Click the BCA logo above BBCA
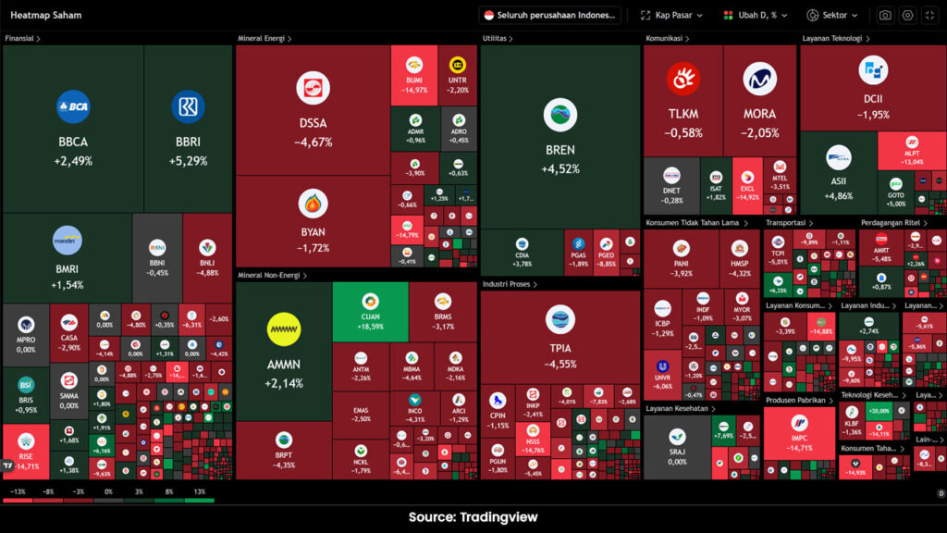point(73,106)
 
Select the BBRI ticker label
point(188,142)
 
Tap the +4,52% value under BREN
point(560,168)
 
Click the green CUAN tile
point(370,310)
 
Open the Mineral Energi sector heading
point(263,39)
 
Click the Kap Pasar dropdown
point(672,15)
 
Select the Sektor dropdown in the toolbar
point(832,15)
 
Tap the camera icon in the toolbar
point(885,15)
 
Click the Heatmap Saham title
point(45,15)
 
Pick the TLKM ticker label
point(683,114)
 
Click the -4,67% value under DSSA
point(313,143)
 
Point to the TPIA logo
point(560,319)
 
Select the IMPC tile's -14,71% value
point(799,448)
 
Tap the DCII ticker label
point(872,99)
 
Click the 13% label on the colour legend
point(199,492)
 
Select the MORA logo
point(759,80)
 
